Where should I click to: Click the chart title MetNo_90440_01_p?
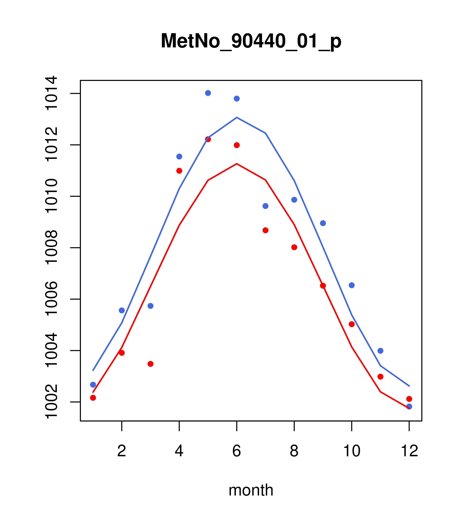[251, 41]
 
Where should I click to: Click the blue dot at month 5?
[208, 93]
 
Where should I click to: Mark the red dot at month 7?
[265, 230]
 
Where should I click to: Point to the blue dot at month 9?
[323, 223]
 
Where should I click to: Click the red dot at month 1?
[93, 398]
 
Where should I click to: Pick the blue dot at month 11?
[380, 351]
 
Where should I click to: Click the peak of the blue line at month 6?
[237, 118]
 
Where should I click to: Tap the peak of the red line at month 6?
[237, 164]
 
